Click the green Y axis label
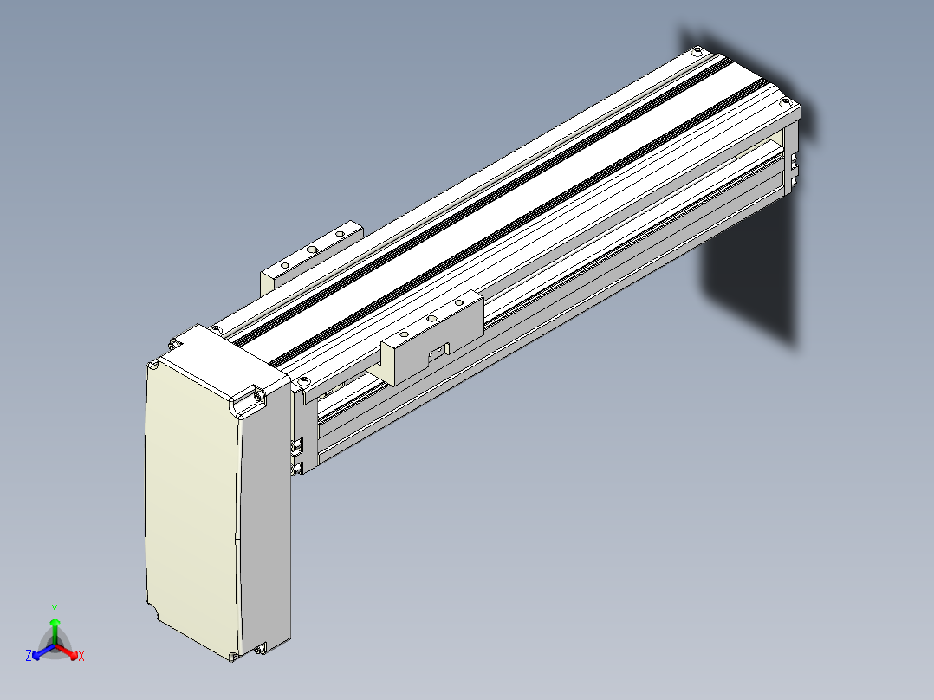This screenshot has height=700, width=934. coord(55,609)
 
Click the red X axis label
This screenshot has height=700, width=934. coord(81,656)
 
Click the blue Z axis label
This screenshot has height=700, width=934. coord(29,656)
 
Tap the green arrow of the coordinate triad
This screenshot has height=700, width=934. coord(55,631)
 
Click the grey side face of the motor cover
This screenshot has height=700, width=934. coord(265,524)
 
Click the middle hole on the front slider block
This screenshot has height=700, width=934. coord(431,320)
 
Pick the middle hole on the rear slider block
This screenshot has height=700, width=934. coord(312,250)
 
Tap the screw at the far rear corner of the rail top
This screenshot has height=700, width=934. coord(697,53)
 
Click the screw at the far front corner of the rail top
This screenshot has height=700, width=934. coord(785,102)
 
